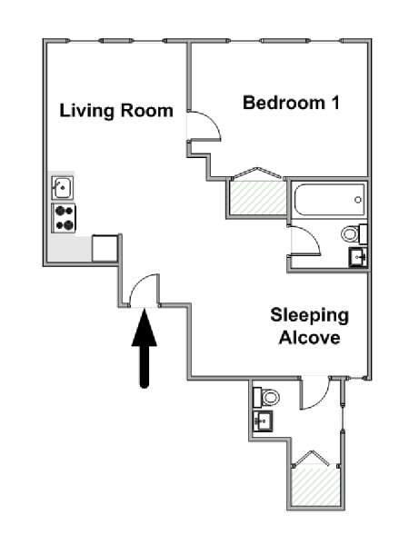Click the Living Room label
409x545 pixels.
(x=116, y=111)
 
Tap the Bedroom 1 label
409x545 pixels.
(x=291, y=103)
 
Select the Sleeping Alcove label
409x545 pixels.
(x=309, y=326)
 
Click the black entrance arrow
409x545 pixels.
(x=145, y=348)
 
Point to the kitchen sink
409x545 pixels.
(x=63, y=187)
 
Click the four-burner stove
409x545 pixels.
(x=64, y=218)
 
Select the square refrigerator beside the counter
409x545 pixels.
(x=105, y=249)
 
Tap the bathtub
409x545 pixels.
(x=329, y=200)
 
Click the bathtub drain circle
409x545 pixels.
(x=358, y=200)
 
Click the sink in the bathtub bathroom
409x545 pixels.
(x=358, y=257)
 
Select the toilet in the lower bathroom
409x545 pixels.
(x=266, y=397)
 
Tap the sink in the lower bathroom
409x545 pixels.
(x=263, y=421)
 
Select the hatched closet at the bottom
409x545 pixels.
(x=315, y=486)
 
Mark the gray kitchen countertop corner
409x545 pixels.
(x=70, y=249)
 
